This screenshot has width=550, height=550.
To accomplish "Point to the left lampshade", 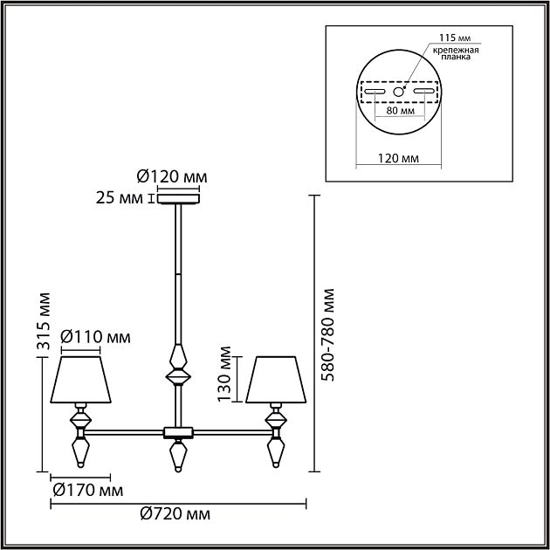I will pos(81,377).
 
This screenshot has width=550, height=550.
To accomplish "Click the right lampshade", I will pos(276,377).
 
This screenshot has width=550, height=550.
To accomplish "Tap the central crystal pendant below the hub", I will pos(178,457).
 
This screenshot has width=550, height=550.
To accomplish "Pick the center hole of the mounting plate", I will pos(400,91).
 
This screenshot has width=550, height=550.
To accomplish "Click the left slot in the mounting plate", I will pos(376,91).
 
